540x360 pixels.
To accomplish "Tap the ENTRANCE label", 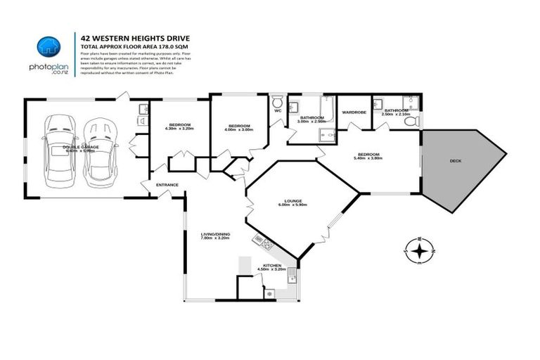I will tap(167, 185).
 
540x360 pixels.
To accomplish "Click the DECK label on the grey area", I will tap(456, 161).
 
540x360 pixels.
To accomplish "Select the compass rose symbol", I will tap(419, 250).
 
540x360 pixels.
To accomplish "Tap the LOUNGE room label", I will tap(293, 201).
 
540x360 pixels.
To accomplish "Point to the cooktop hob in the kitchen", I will tap(264, 243).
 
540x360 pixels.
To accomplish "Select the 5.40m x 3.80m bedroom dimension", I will tap(368, 158).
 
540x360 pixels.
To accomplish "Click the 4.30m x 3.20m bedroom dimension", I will tap(178, 129).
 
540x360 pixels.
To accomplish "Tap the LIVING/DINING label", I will tap(214, 235).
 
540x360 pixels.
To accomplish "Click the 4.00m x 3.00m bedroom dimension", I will tap(239, 129).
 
